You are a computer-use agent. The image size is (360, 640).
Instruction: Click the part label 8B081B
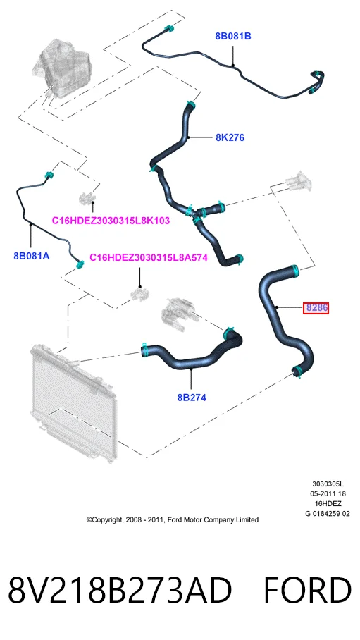(x=233, y=37)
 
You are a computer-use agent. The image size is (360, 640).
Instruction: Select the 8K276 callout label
(x=230, y=137)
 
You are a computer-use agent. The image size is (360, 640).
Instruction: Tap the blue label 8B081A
(x=32, y=256)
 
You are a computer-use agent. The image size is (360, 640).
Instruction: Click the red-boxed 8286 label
(x=316, y=307)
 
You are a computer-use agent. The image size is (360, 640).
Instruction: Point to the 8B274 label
(x=192, y=397)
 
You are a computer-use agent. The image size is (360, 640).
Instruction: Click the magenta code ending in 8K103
(x=111, y=221)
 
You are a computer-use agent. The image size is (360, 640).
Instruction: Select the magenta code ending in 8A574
(x=149, y=257)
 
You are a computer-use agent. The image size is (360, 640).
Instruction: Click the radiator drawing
(x=73, y=402)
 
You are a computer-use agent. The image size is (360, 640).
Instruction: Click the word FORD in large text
(x=307, y=591)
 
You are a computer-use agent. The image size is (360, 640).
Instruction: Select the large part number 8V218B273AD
(x=120, y=591)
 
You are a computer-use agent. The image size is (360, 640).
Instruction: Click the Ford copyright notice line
(x=172, y=519)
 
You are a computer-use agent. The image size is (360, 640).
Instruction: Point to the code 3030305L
(x=328, y=484)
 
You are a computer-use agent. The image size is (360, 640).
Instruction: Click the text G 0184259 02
(x=328, y=513)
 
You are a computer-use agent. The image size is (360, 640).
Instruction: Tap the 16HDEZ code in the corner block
(x=328, y=504)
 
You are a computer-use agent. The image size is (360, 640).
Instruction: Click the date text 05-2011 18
(x=328, y=494)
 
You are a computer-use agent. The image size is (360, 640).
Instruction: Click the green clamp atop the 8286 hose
(x=294, y=269)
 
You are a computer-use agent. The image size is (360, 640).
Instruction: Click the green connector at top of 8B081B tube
(x=168, y=30)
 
